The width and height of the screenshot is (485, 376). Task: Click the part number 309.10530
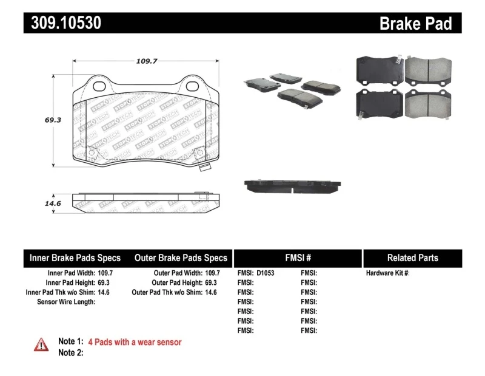62,23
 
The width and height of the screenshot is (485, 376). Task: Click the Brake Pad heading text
415,24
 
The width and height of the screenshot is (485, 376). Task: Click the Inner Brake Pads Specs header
75,258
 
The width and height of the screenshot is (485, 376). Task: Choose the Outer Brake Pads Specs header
181,258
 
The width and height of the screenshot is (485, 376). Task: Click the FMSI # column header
298,258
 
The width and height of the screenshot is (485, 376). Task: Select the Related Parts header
412,258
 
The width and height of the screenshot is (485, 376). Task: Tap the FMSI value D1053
266,273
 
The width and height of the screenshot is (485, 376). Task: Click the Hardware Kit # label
387,273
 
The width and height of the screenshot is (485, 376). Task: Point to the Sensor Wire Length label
66,302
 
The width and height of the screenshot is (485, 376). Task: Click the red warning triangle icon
41,344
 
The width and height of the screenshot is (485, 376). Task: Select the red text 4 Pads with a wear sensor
135,343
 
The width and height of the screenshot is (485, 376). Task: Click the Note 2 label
70,353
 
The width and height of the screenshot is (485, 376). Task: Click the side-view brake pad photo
292,185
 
